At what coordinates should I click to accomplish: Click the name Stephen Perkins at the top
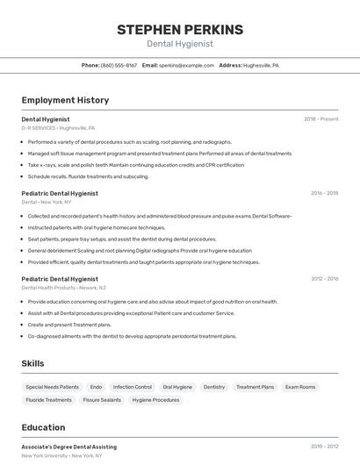tap(179, 30)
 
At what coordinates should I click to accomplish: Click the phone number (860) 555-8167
tap(119, 65)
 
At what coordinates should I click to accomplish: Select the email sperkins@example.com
tap(186, 65)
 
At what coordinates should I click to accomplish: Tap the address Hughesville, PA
tap(261, 65)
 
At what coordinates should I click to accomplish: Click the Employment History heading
tap(65, 100)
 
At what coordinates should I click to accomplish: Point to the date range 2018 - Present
tap(320, 118)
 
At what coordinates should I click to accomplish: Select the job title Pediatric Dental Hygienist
tap(60, 193)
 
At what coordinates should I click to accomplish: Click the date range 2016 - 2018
tap(324, 193)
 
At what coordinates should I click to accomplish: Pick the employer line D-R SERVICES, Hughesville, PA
tap(58, 128)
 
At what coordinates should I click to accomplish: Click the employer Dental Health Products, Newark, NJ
tap(63, 288)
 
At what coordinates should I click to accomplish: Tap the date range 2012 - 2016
tap(324, 279)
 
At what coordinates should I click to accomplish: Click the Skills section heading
tap(33, 363)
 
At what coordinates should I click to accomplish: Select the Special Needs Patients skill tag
tap(52, 387)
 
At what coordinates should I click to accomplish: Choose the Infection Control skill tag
tap(132, 387)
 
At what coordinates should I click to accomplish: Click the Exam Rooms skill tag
tap(300, 387)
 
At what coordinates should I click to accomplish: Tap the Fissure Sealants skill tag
tap(103, 400)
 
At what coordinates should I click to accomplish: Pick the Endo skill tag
tap(96, 387)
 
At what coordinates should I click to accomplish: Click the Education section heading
tap(43, 428)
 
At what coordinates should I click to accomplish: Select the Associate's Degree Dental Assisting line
tap(68, 447)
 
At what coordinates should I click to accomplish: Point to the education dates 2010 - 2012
tap(324, 447)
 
